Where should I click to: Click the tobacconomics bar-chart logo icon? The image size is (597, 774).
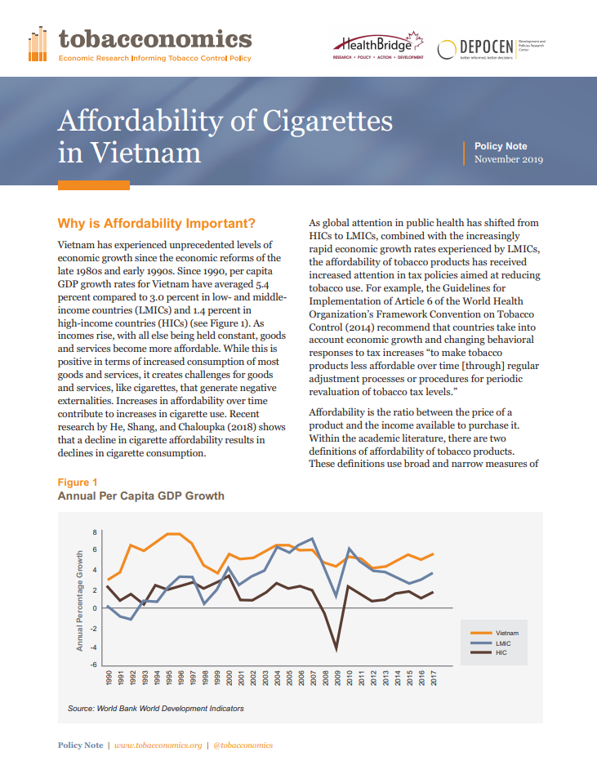[x=38, y=44]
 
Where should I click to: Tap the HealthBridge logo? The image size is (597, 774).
[x=378, y=46]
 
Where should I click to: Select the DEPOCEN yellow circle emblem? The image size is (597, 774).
[x=447, y=49]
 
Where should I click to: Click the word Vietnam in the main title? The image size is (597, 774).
[x=145, y=152]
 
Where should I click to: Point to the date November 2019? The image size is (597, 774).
[x=509, y=159]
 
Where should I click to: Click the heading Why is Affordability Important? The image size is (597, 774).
[x=157, y=224]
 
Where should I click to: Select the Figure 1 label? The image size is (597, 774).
[x=78, y=483]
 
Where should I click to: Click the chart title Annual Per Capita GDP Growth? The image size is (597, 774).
[x=140, y=496]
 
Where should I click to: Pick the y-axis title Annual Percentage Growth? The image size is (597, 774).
[x=79, y=601]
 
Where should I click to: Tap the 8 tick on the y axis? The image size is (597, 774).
[x=95, y=532]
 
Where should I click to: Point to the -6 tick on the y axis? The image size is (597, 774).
[x=93, y=665]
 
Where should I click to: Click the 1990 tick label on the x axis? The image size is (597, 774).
[x=109, y=678]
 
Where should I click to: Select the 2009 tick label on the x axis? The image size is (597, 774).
[x=338, y=678]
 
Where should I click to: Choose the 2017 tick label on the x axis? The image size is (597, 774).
[x=434, y=678]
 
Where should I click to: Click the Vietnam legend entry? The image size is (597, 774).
[x=494, y=633]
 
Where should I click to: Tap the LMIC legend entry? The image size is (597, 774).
[x=490, y=643]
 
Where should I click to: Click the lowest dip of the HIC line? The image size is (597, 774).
[x=336, y=651]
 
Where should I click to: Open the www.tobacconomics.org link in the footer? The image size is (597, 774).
[x=158, y=745]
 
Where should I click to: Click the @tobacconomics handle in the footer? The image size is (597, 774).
[x=243, y=745]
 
